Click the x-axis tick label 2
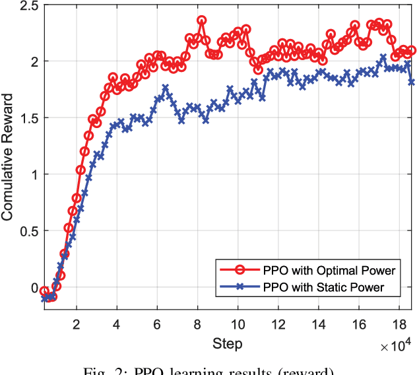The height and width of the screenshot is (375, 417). click(x=76, y=324)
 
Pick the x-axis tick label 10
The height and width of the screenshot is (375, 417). click(x=238, y=324)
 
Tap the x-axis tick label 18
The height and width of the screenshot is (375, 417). click(x=399, y=324)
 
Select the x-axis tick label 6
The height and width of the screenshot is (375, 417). click(x=157, y=324)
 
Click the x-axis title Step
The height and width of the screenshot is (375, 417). click(x=227, y=344)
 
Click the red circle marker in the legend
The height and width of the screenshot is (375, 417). click(x=241, y=270)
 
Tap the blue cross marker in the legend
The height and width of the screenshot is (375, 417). click(x=241, y=287)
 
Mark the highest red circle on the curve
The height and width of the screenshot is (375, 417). click(x=201, y=20)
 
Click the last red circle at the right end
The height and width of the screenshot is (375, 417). click(x=411, y=50)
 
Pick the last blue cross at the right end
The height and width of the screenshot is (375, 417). click(x=411, y=82)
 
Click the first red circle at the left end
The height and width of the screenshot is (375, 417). click(x=44, y=291)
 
